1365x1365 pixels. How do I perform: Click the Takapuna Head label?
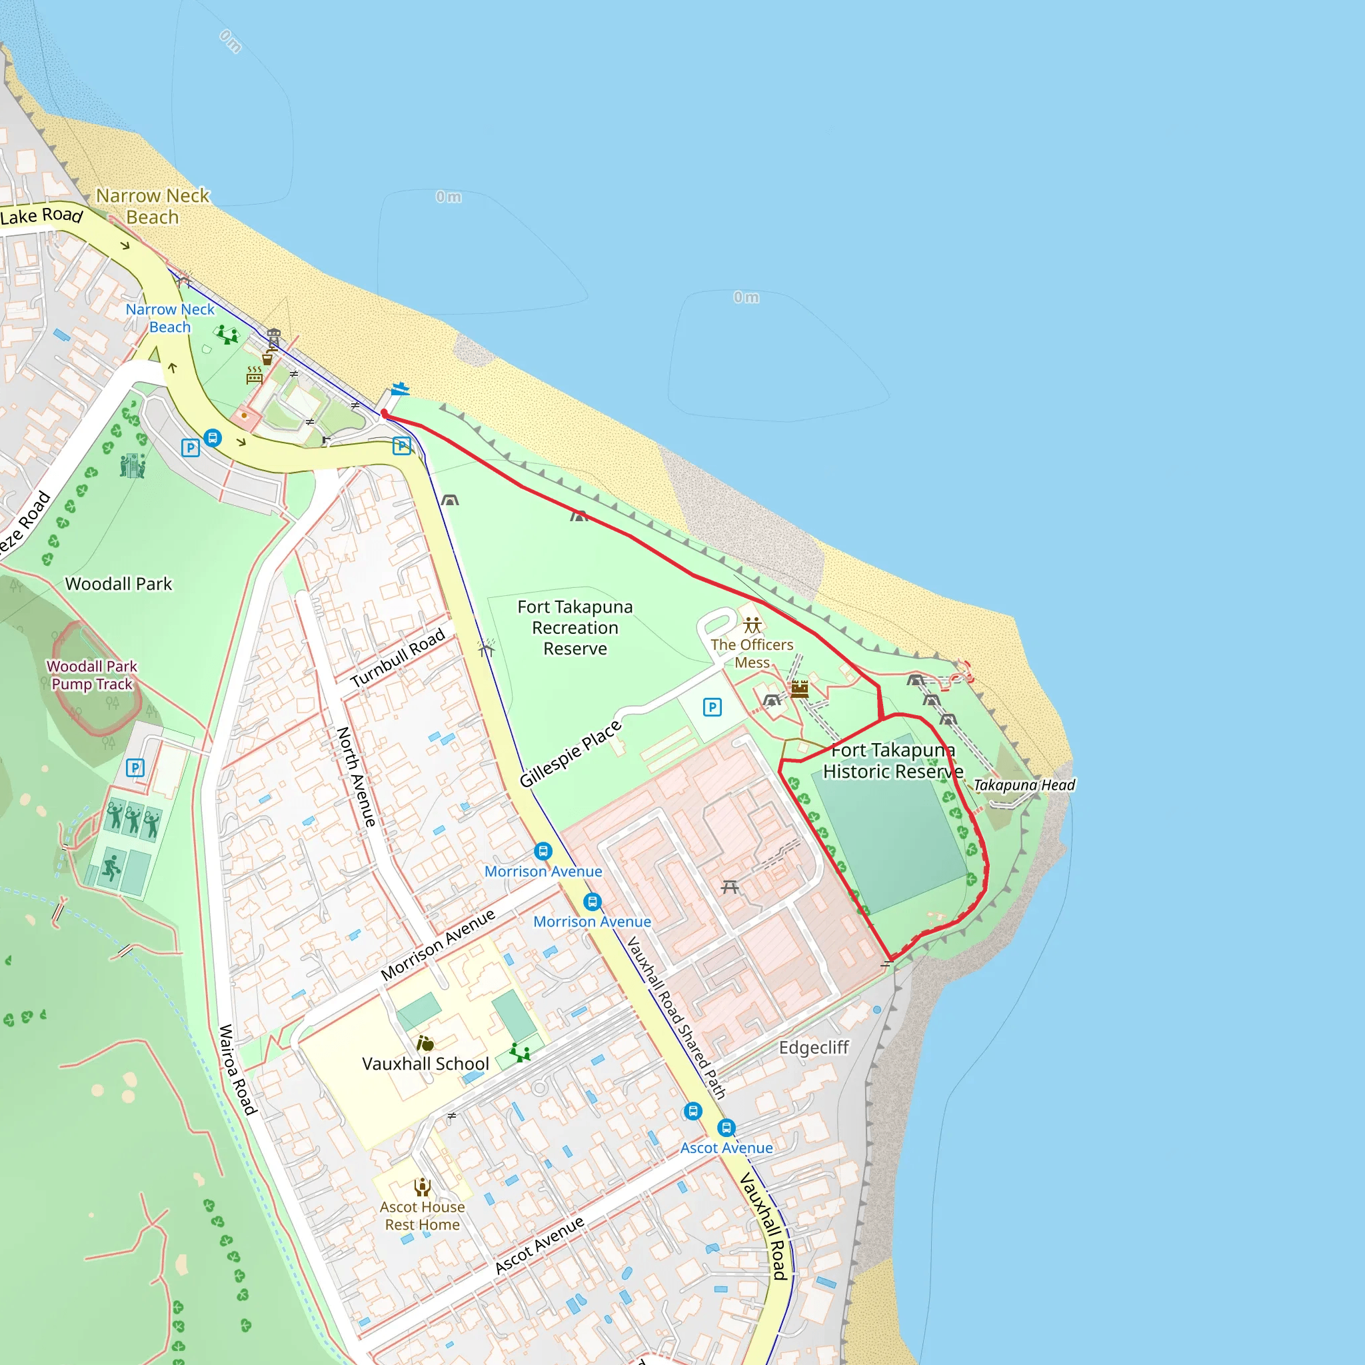click(x=1024, y=785)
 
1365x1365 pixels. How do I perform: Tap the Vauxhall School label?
click(x=425, y=1063)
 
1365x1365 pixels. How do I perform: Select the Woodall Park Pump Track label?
click(x=92, y=675)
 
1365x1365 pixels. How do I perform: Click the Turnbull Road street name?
click(x=397, y=657)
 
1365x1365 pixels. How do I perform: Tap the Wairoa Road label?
click(x=237, y=1070)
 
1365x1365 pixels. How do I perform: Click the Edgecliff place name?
click(x=814, y=1047)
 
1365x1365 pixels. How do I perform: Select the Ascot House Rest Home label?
click(x=423, y=1216)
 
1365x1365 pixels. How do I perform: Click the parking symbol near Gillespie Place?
click(x=712, y=707)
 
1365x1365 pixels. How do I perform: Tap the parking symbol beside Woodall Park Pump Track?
click(x=135, y=768)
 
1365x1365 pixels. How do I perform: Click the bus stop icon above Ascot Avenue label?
click(x=726, y=1128)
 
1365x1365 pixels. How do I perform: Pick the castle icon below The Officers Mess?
click(x=800, y=689)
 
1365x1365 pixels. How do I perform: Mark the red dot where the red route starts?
click(x=385, y=414)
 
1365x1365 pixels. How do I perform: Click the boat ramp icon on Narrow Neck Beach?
click(x=401, y=389)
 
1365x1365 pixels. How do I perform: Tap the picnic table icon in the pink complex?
click(x=730, y=886)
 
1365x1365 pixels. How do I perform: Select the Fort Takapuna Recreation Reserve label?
click(x=575, y=627)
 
